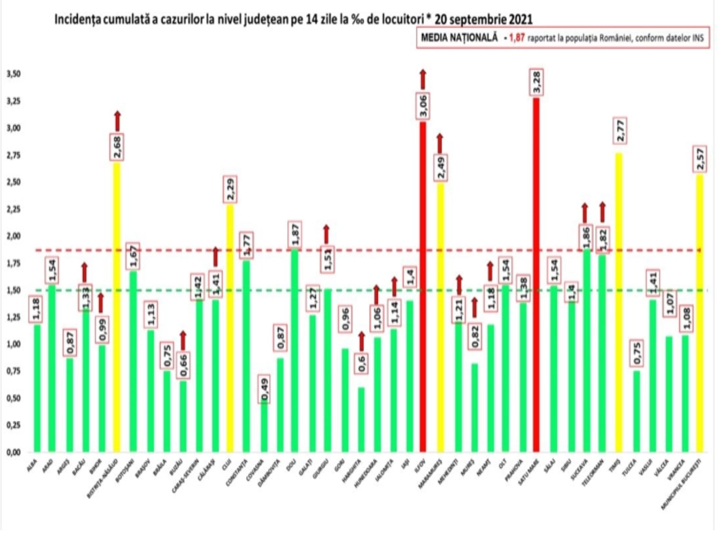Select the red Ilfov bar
coord(423,287)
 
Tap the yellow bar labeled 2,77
coord(619,305)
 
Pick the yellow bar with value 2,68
coord(117,309)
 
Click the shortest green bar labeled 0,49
coord(264,426)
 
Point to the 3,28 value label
coord(536,82)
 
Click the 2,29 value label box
coord(231,190)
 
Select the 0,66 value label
coord(183,366)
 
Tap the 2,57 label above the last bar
coord(700,160)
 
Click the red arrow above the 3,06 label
coord(423,80)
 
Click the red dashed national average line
coord(359,250)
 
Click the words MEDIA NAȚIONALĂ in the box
coord(459,38)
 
